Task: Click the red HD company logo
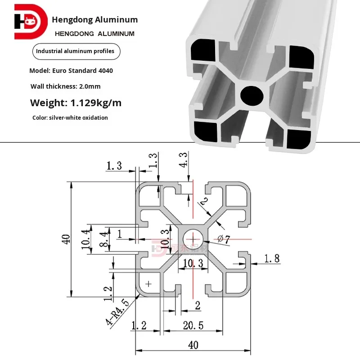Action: [x=30, y=22]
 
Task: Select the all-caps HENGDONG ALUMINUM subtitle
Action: [x=94, y=34]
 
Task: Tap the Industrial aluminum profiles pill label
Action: [x=75, y=51]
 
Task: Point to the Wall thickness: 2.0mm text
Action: [x=66, y=86]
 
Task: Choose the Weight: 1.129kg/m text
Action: [x=76, y=103]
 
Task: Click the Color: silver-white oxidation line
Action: [x=70, y=118]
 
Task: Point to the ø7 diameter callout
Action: [x=224, y=240]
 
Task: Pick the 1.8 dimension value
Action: [x=272, y=259]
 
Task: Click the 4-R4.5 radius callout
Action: [x=115, y=313]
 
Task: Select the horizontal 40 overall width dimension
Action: [x=193, y=345]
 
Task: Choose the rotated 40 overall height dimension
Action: [x=66, y=239]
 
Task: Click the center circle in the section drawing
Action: [x=193, y=239]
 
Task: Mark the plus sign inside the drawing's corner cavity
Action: [x=149, y=283]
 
